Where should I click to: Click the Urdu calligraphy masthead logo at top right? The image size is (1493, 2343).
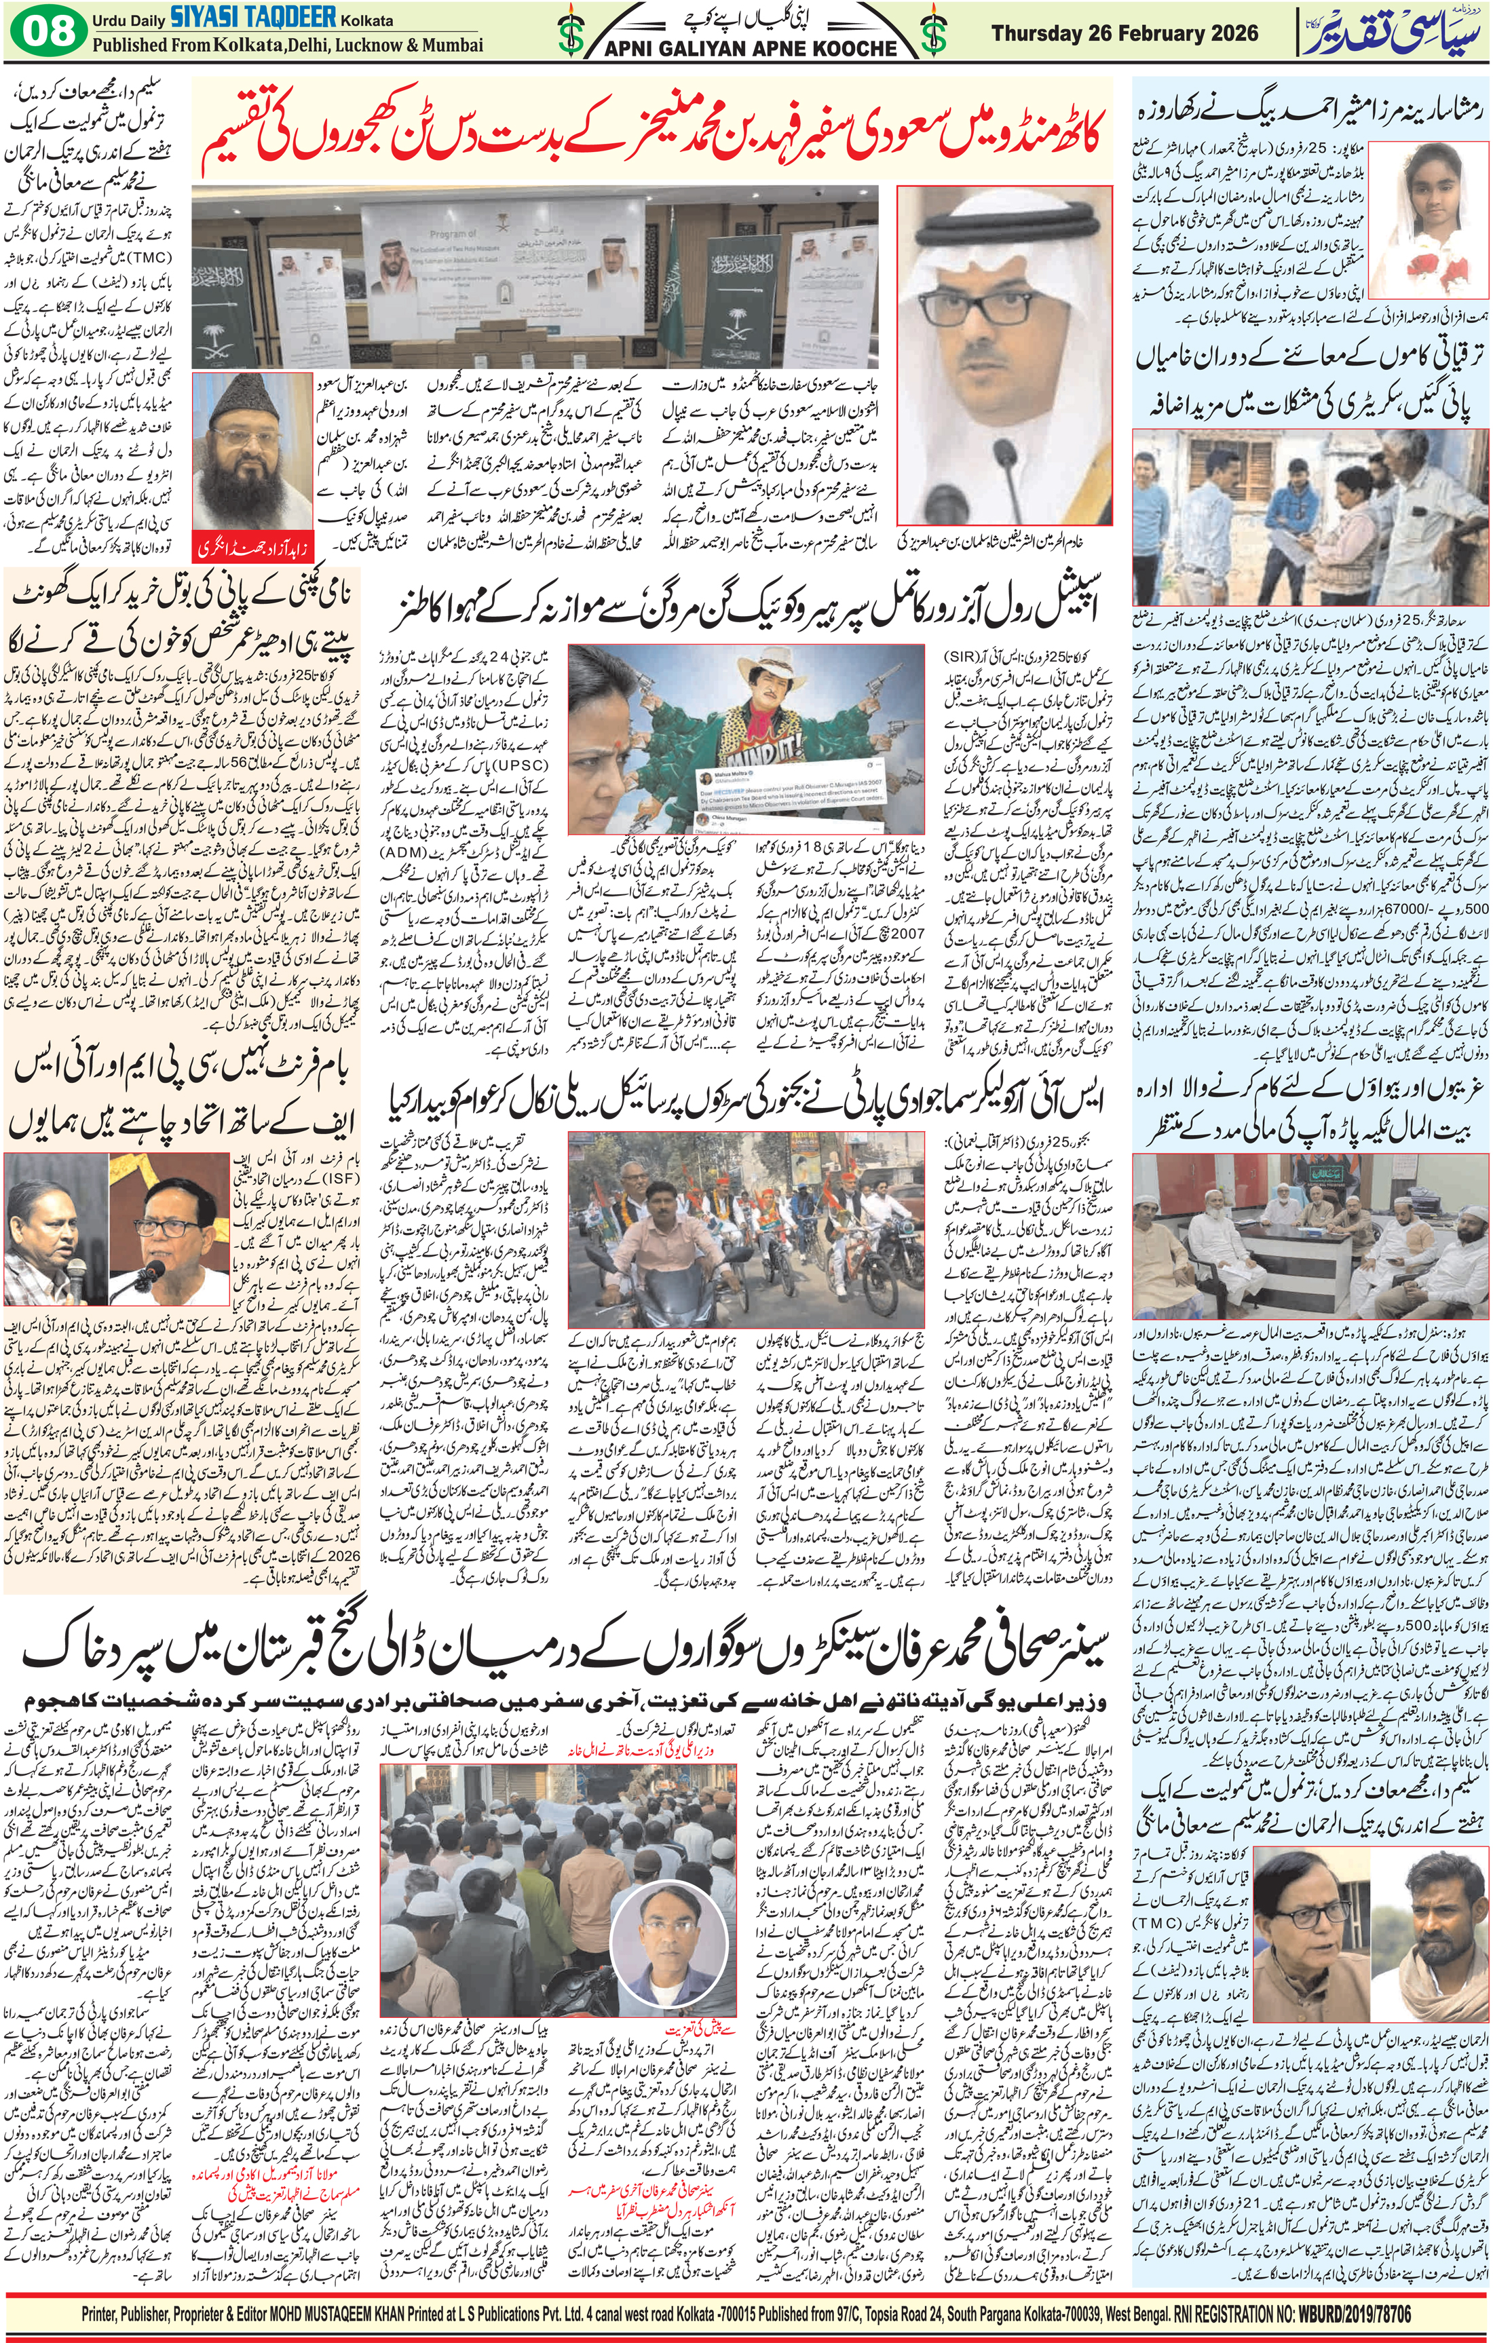[1394, 32]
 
